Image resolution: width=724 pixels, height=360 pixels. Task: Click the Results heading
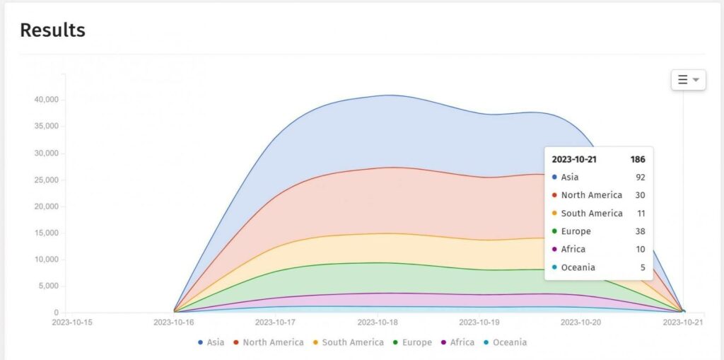click(52, 30)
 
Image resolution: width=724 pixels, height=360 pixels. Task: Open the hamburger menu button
click(688, 80)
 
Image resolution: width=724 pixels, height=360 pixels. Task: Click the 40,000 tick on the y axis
click(46, 100)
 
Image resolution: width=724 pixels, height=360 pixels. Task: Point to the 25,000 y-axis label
click(46, 180)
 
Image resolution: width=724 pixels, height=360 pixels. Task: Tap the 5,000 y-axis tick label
click(48, 286)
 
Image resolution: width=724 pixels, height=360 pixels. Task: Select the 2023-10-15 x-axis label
click(72, 323)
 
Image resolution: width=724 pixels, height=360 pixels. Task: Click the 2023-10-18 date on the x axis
click(377, 323)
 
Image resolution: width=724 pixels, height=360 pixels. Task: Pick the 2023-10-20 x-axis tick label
click(580, 323)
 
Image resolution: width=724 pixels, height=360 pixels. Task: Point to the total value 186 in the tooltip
click(638, 159)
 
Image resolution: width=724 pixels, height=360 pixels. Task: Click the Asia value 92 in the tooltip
click(640, 178)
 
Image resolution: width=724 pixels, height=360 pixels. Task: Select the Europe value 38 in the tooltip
click(640, 231)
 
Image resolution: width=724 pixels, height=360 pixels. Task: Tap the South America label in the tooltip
click(592, 214)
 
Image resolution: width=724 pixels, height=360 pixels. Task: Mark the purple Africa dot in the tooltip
click(555, 250)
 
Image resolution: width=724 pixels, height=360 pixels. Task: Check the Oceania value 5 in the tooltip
click(642, 267)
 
